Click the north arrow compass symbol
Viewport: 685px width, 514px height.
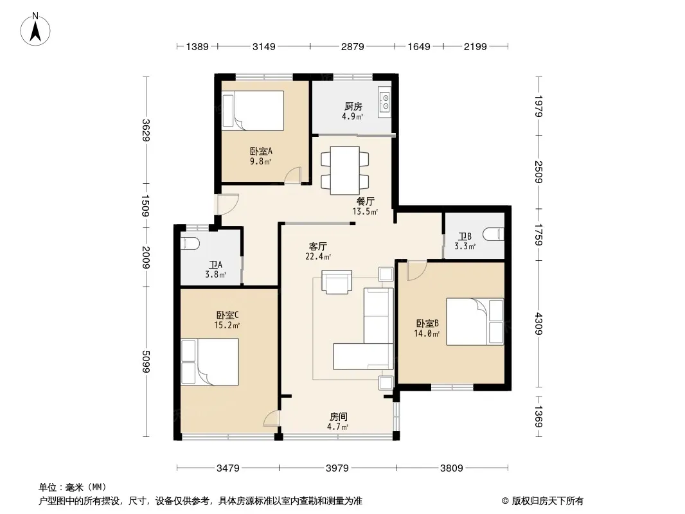pos(35,30)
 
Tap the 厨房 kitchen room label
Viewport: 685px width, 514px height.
pos(353,106)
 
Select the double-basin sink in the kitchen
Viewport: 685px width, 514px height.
pos(385,102)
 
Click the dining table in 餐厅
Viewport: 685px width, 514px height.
pos(344,171)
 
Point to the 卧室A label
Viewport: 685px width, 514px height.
pos(261,151)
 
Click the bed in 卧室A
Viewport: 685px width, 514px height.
pos(253,111)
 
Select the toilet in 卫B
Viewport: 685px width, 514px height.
pos(494,234)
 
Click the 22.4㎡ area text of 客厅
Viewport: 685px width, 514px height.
pos(318,257)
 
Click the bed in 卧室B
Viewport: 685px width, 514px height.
pos(475,321)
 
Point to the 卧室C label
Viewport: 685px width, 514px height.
pos(227,315)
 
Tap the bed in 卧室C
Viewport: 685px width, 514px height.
pos(209,362)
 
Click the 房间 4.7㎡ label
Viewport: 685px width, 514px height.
pos(338,421)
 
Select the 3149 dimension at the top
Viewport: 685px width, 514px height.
pos(264,46)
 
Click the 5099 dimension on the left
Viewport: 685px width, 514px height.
pos(146,362)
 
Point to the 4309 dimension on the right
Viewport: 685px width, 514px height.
pos(538,324)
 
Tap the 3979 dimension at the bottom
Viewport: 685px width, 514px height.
pos(337,468)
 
